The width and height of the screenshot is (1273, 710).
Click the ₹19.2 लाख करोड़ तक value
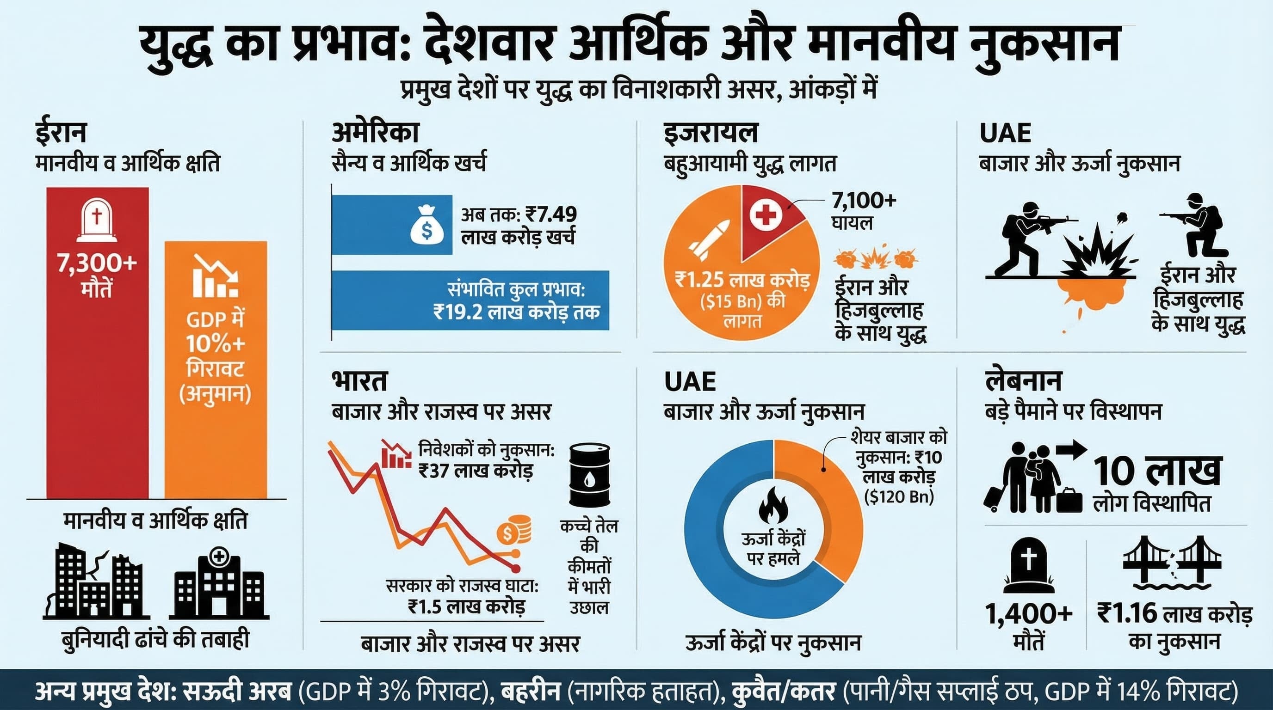[x=516, y=312]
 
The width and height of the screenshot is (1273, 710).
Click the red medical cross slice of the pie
[x=768, y=217]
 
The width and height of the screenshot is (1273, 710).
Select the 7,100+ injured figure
[x=864, y=202]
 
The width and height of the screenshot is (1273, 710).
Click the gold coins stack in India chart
[x=514, y=530]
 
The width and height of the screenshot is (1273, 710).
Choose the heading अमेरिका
[x=375, y=132]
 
